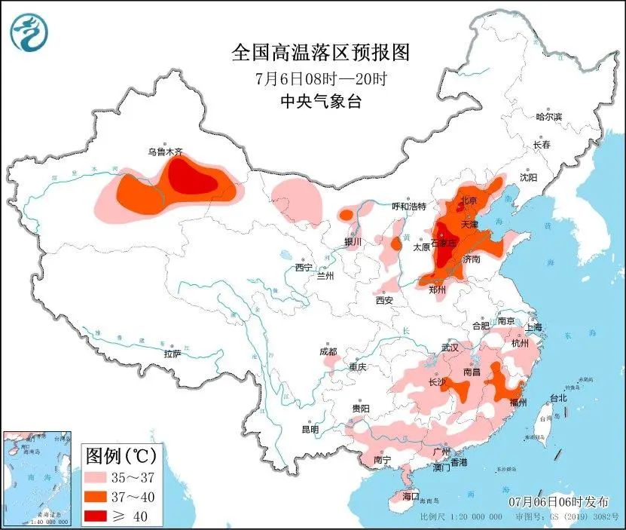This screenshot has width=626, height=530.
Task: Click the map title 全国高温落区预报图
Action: pos(320,53)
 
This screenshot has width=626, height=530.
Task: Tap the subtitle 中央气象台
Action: pos(320,102)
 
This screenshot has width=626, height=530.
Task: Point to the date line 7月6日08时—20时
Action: pos(320,78)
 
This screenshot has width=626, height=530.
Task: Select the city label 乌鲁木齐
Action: pos(165,152)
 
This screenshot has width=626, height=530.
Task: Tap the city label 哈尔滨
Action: pos(548,117)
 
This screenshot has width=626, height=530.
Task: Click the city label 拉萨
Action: pos(172,354)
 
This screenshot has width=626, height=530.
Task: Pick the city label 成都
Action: pos(328,351)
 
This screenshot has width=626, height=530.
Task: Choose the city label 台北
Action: pos(557,397)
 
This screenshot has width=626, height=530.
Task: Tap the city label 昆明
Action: pos(310,429)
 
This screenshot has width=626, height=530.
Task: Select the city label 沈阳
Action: pos(528,178)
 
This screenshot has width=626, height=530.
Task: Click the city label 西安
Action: pos(383,300)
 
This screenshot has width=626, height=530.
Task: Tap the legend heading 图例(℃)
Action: pos(121,456)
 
